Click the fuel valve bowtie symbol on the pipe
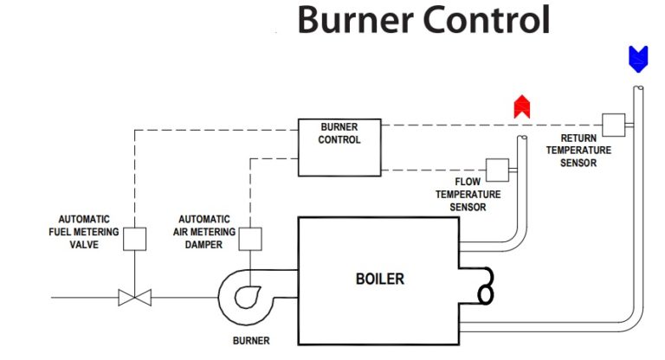pos(134,298)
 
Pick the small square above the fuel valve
pos(134,238)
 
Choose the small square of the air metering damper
pos(249,238)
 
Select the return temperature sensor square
pos(613,125)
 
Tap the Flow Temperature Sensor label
pos(467,195)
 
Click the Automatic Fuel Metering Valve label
pos(84,232)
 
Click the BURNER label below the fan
pos(251,340)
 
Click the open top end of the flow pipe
pos(521,138)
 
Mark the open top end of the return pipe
pos(637,88)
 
